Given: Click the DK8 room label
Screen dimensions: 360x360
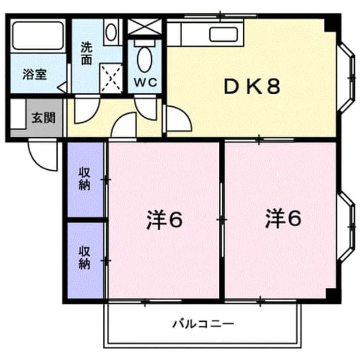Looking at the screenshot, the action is point(252,86).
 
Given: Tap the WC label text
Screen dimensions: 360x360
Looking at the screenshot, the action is point(146,82).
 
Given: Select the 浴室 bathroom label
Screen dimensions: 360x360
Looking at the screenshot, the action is point(35,74).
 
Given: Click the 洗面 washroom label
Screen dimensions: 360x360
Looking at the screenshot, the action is point(86,53).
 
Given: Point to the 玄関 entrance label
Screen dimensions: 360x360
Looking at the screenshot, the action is point(43,118).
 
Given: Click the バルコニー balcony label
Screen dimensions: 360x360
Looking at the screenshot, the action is point(203,324).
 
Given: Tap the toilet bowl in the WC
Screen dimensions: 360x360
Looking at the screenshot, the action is point(145,59).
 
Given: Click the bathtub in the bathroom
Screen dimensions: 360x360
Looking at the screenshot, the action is point(38,35).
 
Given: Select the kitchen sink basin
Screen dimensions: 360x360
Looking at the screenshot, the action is point(223,34).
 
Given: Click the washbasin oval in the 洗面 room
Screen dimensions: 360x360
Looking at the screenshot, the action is point(111,32).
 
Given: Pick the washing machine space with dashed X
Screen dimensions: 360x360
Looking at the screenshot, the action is point(111,78).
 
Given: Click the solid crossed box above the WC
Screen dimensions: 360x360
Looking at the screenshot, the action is point(145,27).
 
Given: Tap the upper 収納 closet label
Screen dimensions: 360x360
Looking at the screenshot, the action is point(84,179).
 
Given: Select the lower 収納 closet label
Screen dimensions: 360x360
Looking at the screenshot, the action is point(84,258).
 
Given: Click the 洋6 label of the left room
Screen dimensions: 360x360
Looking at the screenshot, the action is point(165,220).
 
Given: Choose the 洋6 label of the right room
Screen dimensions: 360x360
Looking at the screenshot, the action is point(283,219).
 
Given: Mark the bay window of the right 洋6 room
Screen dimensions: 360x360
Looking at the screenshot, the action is point(347,227).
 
